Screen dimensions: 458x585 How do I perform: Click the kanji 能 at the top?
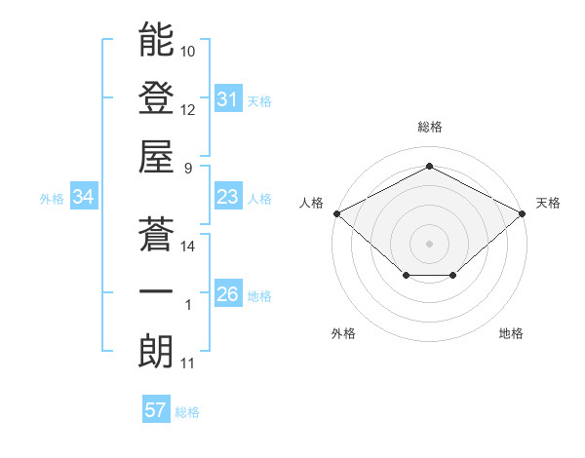156,40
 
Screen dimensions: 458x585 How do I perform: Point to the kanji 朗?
156,352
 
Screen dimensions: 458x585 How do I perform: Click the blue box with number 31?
227,99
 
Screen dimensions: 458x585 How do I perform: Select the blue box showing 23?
227,198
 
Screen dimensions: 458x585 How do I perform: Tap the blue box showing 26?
227,295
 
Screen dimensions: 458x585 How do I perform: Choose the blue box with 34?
83,198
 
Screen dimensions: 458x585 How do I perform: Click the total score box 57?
155,410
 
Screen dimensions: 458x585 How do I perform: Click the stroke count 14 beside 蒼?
188,247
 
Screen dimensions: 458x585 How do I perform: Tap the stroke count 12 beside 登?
188,109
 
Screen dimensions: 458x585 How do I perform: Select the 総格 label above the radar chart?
429,128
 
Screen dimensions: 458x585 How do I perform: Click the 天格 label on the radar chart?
548,203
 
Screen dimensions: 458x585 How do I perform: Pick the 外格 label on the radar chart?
343,333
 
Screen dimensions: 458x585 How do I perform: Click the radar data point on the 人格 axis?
336,213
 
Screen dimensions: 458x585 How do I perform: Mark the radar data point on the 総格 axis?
429,167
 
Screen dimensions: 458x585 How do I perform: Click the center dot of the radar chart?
429,243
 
